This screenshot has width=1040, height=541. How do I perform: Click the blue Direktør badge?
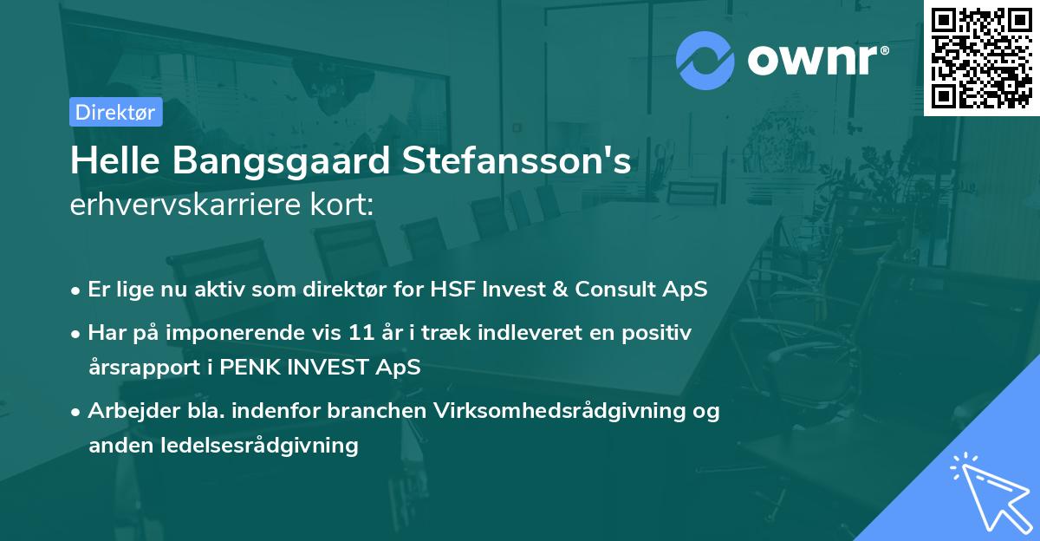pyautogui.click(x=115, y=112)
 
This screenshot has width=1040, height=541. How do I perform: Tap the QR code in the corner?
pyautogui.click(x=981, y=57)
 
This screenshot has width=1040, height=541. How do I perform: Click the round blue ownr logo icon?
pyautogui.click(x=705, y=61)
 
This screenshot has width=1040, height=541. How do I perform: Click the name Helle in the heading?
pyautogui.click(x=110, y=162)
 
